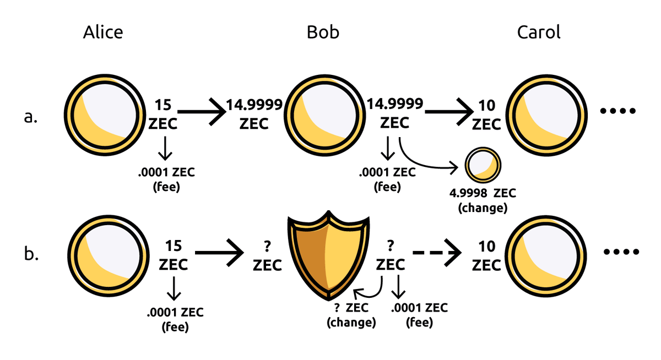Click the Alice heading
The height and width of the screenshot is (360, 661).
click(x=103, y=32)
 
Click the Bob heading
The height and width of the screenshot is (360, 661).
click(x=323, y=32)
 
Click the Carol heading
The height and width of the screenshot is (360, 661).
click(x=538, y=32)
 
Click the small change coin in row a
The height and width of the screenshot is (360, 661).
click(x=483, y=165)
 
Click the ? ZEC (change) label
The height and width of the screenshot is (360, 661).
click(x=351, y=316)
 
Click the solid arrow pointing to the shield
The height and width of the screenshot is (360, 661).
click(x=220, y=253)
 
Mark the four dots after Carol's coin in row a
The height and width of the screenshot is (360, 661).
click(x=619, y=112)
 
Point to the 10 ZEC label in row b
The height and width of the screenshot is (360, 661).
click(x=486, y=255)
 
